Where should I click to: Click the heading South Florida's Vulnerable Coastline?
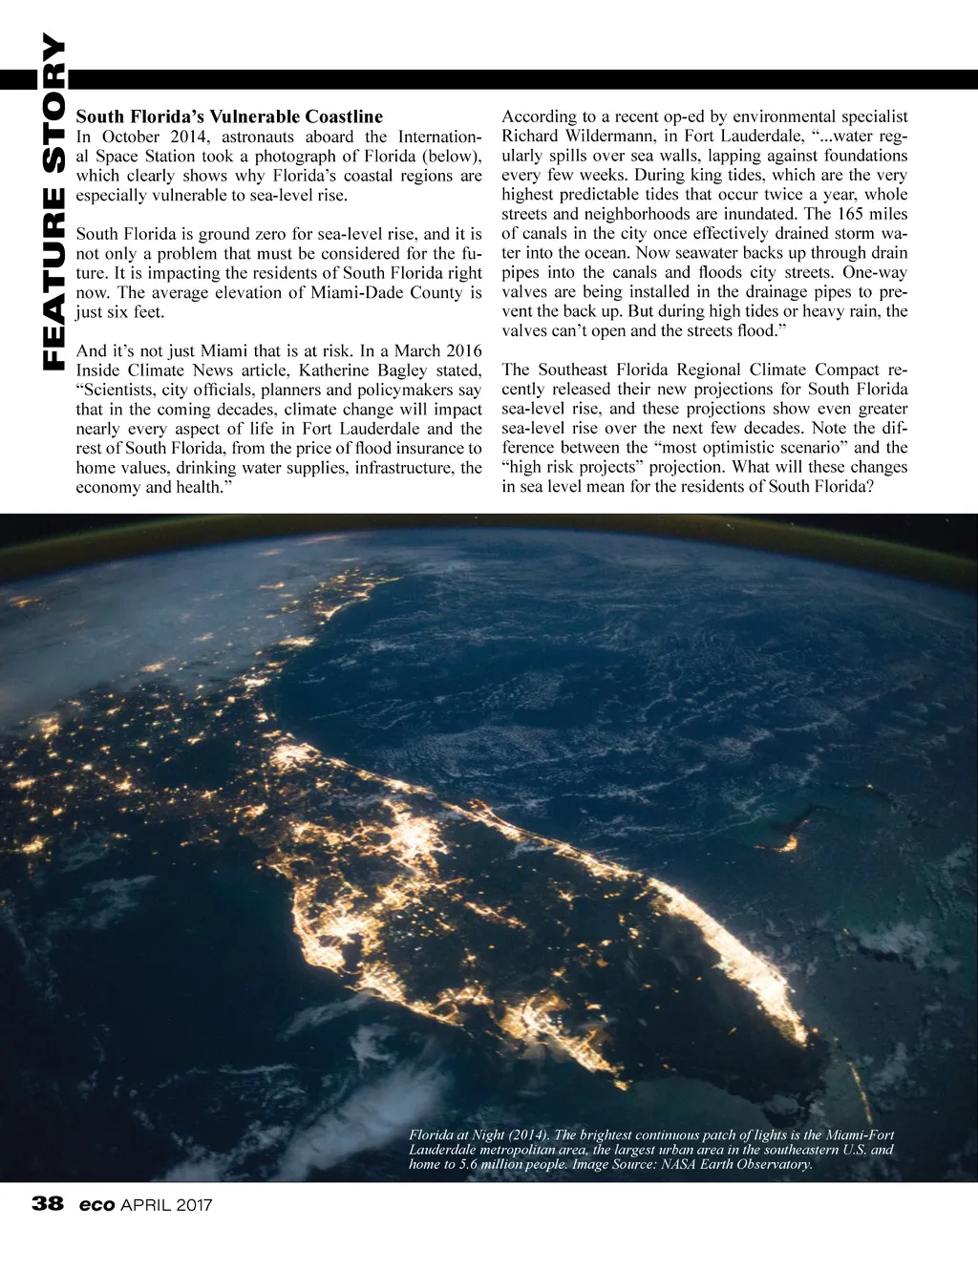229,116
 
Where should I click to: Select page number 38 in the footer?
47,1204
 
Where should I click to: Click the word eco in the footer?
97,1204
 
